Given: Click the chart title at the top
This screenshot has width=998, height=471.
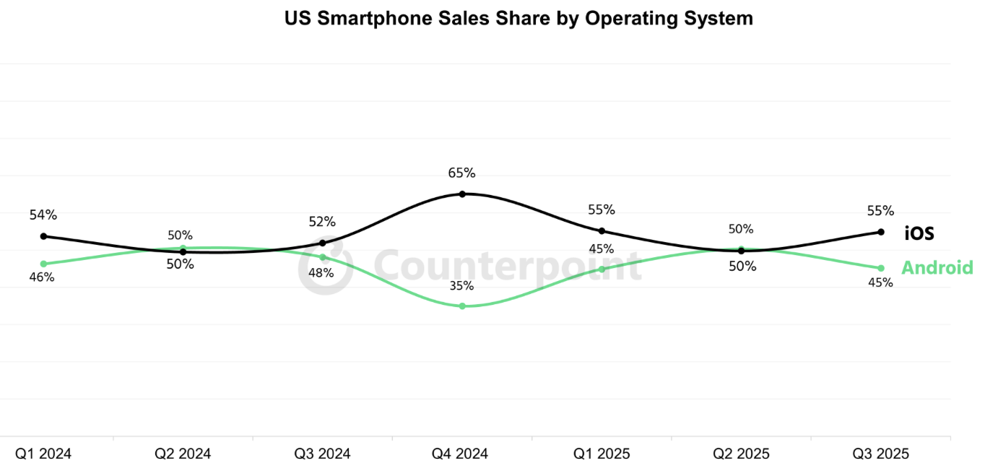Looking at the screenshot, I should pos(518,19).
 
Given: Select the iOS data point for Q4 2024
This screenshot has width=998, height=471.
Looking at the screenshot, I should pos(462,194).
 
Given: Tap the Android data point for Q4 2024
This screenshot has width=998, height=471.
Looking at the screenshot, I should pos(462,306).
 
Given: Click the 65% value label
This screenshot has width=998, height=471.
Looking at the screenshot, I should pos(461,173).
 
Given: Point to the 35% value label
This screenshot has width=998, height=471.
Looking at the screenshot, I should pos(461,285).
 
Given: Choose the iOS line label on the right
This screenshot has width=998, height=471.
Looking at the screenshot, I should pos(919,233).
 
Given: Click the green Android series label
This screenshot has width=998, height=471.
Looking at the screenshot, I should pos(937,268).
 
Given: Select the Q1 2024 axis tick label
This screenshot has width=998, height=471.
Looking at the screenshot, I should pos(43,454).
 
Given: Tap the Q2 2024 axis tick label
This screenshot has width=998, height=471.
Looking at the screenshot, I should pos(183,454).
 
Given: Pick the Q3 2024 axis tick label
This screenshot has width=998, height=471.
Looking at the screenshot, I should pos(322,454).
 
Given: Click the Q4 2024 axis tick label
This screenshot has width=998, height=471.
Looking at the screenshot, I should pos(460,454).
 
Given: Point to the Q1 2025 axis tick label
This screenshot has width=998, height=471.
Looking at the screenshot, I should pos(602,454).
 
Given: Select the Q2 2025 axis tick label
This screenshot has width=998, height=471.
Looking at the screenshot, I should pos(741,454).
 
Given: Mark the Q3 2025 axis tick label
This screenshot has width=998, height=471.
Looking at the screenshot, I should pos(880,454).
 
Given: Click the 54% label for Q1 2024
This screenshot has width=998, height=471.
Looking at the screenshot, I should pos(43,215).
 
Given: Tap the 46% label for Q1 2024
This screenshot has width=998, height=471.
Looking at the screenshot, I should pos(41,277).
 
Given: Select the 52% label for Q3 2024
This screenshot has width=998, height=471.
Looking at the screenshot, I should pos(322,222).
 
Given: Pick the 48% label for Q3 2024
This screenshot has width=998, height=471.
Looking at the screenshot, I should pos(321,272).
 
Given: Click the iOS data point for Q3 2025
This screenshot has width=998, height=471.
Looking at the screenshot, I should pos(880,232).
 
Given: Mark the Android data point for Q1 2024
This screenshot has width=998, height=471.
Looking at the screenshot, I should pos(43,264).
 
